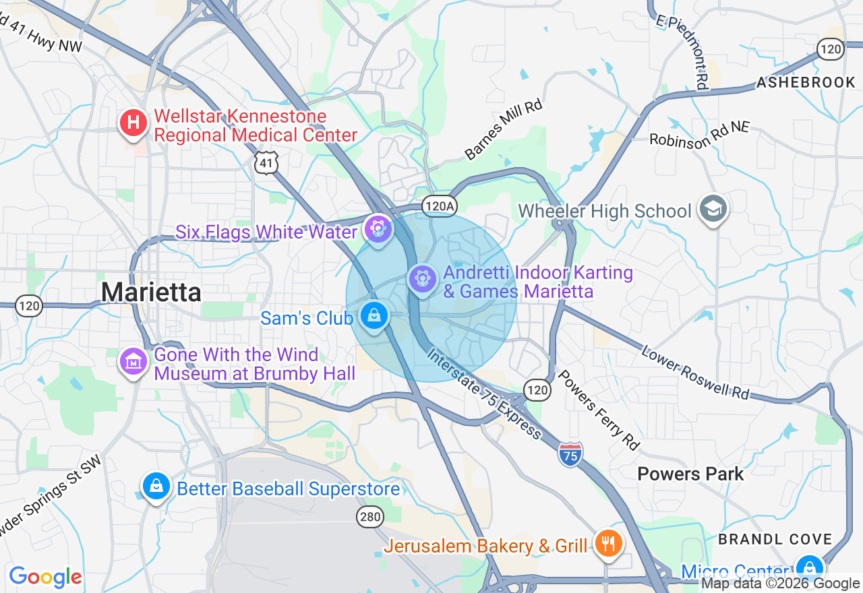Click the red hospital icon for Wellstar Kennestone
click(133, 123)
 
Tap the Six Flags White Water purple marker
click(378, 229)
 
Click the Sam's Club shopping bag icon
click(374, 315)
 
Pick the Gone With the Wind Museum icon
click(133, 362)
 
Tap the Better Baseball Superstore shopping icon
click(156, 486)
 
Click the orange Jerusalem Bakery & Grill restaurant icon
click(608, 543)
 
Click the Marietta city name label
click(151, 292)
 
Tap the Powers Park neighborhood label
click(690, 474)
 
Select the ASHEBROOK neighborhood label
click(806, 82)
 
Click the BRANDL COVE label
click(775, 539)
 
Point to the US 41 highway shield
click(267, 162)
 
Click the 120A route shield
click(439, 206)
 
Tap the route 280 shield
click(370, 517)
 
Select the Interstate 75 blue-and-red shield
click(570, 455)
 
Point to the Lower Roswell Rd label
click(694, 373)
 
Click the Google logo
click(45, 577)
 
